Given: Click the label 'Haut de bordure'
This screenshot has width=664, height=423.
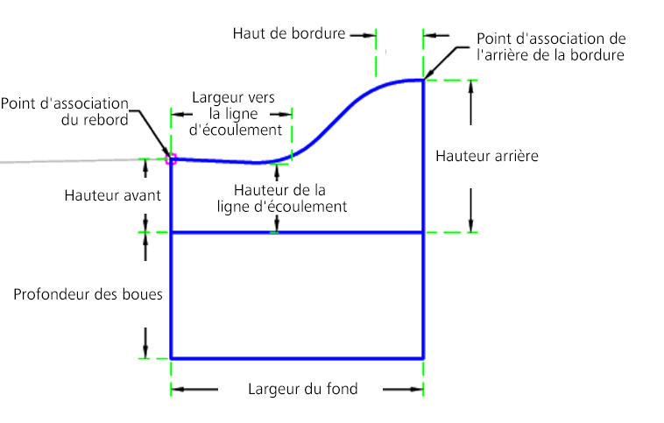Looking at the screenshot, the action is click(289, 33).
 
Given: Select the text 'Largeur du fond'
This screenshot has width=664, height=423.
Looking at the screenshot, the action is click(303, 389).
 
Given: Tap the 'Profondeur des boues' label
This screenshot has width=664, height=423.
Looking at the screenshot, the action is click(88, 294).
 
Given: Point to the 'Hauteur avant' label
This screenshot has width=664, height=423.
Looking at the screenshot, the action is click(113, 195).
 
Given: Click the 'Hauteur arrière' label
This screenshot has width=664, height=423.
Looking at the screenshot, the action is click(487, 156).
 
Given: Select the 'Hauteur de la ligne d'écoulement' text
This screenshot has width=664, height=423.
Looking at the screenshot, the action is click(281, 198).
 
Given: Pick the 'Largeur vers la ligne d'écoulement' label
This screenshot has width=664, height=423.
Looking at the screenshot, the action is click(234, 114).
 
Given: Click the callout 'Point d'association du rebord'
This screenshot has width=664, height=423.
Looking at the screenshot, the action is click(64, 111).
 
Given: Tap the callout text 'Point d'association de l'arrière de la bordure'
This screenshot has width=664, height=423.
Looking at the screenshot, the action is click(551, 46).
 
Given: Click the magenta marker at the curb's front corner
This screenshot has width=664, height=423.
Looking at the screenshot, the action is click(171, 159).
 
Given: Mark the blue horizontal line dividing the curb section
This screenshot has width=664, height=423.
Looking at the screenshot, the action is click(297, 232).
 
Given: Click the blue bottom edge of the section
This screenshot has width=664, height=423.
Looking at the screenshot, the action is click(297, 359).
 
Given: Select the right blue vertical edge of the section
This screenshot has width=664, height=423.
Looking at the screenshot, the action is click(423, 219).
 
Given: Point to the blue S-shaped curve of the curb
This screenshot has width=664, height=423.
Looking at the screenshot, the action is click(329, 127).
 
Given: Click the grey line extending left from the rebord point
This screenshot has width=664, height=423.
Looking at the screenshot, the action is click(85, 160).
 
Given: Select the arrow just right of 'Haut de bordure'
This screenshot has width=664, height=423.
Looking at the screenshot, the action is click(364, 36).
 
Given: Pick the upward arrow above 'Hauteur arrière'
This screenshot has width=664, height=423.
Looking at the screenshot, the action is click(471, 102).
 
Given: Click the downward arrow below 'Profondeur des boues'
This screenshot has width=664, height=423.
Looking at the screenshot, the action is click(145, 343).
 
